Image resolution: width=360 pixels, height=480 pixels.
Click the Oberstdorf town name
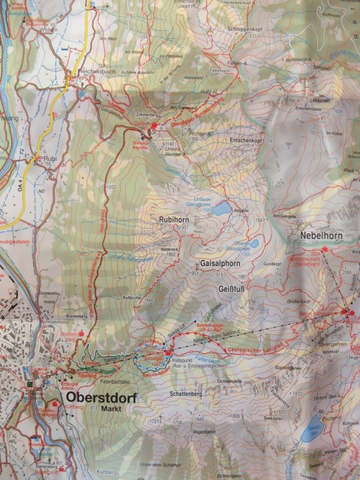99,398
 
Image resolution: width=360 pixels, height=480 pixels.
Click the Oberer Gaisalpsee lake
253,244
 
